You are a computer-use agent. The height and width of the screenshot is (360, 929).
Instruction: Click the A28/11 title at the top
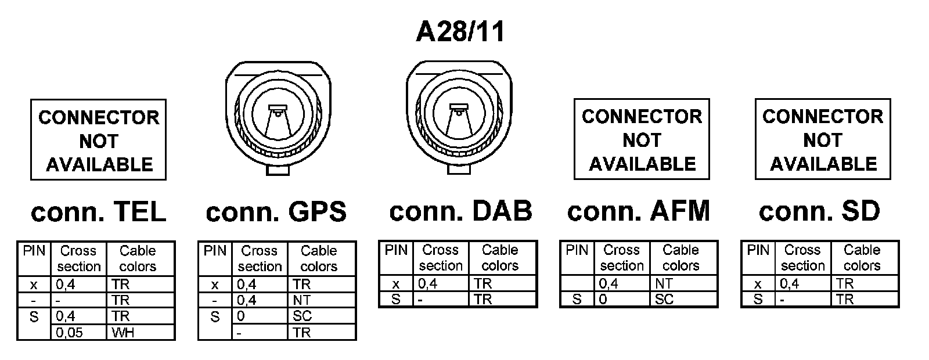coord(460,32)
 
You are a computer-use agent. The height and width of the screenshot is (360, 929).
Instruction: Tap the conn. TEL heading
coord(98,213)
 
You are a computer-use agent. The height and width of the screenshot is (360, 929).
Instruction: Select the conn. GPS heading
coord(276,213)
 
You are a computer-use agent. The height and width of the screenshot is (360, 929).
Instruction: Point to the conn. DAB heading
coord(460,211)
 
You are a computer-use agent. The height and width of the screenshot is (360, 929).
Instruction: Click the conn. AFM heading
coord(639,211)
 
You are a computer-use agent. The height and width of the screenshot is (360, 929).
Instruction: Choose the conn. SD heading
coord(819,211)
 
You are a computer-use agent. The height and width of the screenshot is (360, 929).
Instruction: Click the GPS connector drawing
coord(278,116)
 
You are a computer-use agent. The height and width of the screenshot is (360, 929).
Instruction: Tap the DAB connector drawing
coord(460,115)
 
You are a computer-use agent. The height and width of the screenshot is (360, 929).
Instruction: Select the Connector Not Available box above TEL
coord(98,140)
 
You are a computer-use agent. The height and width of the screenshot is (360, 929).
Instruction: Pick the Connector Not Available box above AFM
coord(642,139)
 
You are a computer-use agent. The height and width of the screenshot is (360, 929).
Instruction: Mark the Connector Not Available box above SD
coord(822,139)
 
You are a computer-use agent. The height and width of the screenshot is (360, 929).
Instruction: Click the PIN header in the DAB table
coord(396,250)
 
